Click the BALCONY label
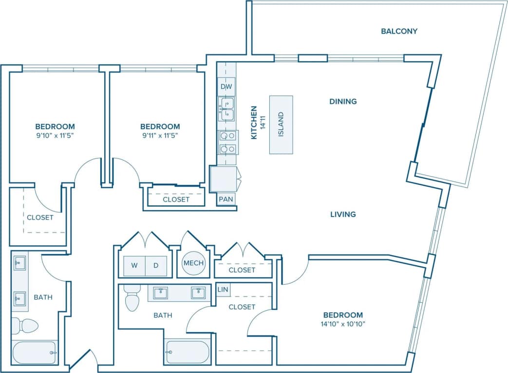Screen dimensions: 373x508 pos(399,31)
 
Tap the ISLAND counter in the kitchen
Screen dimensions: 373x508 pos(281,125)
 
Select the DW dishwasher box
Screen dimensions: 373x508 pos(226,86)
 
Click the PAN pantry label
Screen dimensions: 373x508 pos(225,199)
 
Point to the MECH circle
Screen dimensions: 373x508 pos(193,263)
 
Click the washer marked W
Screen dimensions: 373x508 pos(133,266)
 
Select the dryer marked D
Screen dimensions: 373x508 pos(156,266)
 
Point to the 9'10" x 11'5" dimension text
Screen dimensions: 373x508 pos(55,136)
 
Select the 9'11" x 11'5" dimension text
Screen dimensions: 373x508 pos(160,136)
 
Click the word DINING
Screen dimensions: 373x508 pos(343,101)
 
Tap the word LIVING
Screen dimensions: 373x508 pos(343,214)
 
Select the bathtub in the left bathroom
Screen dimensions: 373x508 pos(34,352)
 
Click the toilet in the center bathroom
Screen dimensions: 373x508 pos(132,298)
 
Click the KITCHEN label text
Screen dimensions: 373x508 pos(254,123)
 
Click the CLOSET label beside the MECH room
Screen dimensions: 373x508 pos(242,270)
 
